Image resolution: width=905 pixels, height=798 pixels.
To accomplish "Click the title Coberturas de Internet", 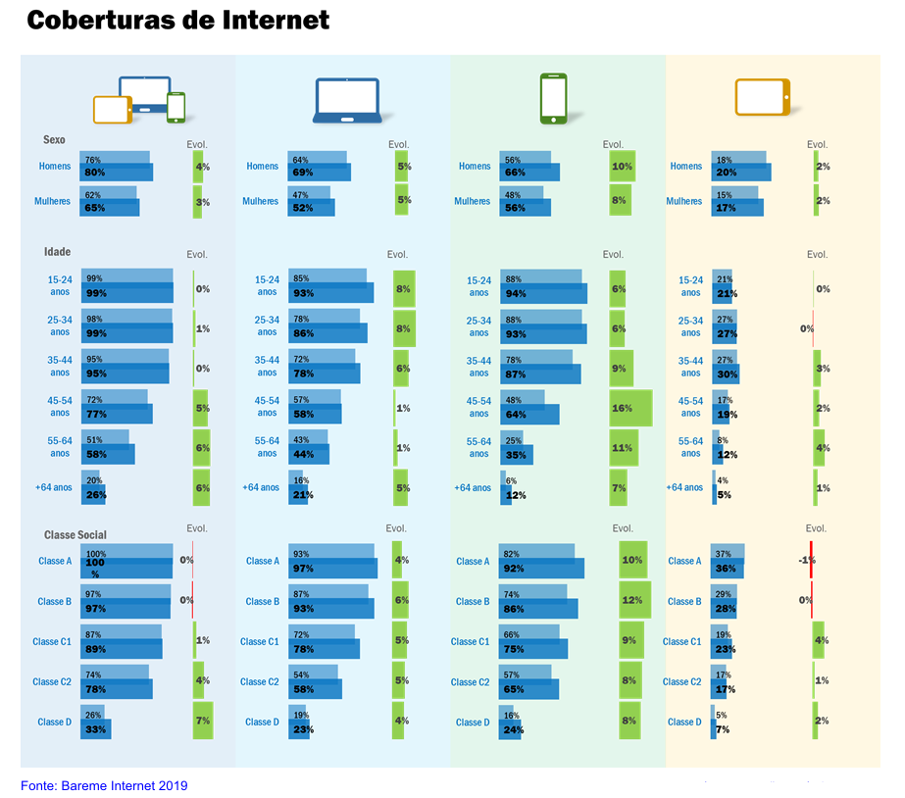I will [177, 21].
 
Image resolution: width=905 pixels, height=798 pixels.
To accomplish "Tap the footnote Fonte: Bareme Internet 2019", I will [104, 785].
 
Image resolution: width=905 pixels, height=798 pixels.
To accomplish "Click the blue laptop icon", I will [346, 100].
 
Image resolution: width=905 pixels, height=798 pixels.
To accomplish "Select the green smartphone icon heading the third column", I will [554, 99].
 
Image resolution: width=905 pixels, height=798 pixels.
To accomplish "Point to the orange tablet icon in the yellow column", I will [762, 97].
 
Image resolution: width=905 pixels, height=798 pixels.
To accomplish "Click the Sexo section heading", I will [54, 140].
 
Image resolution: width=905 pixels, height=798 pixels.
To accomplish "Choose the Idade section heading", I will [57, 252].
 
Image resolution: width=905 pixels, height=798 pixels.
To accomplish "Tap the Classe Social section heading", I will [75, 535].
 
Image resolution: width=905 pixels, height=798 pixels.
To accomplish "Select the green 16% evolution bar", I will [630, 408].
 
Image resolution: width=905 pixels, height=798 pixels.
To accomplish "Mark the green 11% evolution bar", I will [624, 448].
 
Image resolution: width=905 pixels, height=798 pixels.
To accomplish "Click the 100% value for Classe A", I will [96, 563].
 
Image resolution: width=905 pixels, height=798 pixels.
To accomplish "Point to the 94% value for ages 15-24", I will [516, 293].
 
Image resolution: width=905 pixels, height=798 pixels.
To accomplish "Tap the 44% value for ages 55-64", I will [302, 454].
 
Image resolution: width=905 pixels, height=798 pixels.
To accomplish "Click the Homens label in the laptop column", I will [262, 167].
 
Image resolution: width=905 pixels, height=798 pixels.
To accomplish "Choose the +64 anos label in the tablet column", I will [684, 487].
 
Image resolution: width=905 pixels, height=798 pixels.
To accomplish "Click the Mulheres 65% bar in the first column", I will [110, 208].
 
